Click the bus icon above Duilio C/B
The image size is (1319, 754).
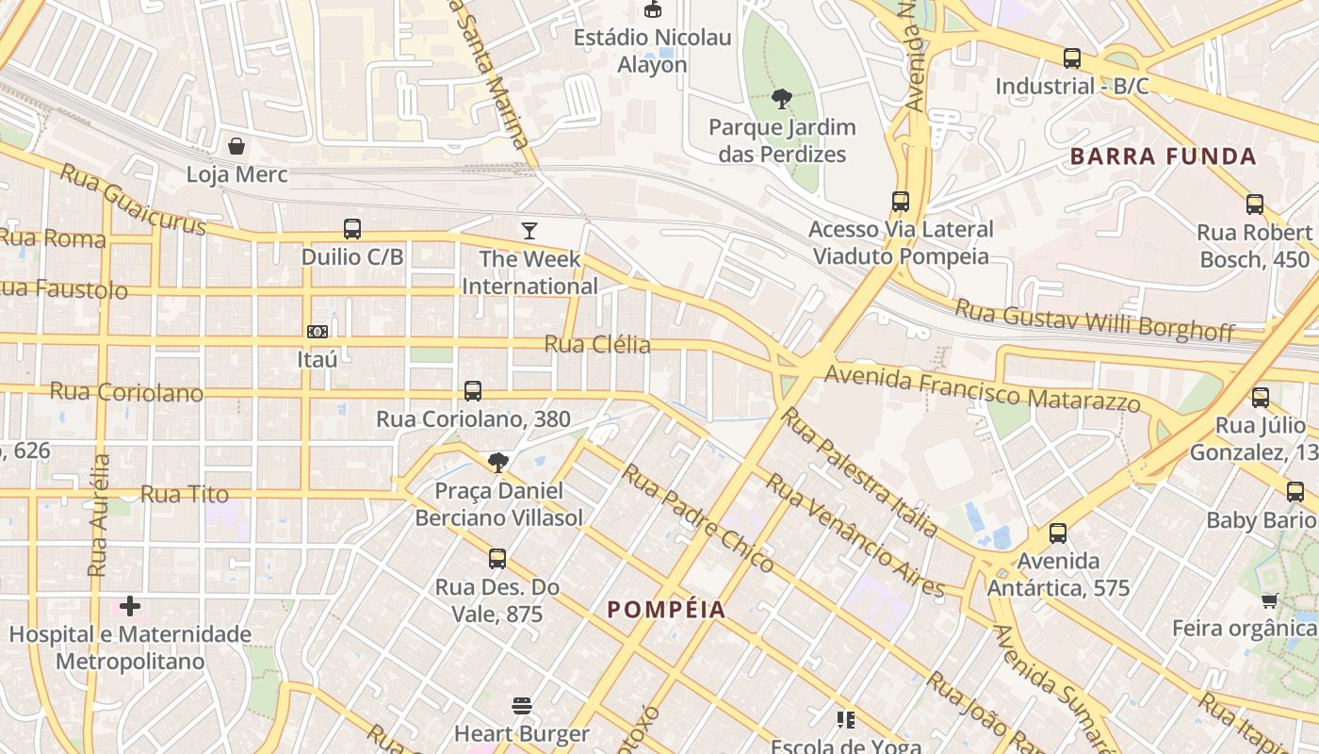tap(351, 229)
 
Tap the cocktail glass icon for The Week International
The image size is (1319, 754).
tap(529, 230)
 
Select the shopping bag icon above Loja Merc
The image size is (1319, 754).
tap(236, 146)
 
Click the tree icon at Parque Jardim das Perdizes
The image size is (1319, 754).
tap(781, 98)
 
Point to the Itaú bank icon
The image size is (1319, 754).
tap(318, 332)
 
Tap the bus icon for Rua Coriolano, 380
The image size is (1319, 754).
tap(473, 390)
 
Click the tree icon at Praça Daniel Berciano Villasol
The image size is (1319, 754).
tap(498, 462)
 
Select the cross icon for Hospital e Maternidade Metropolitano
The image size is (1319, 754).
tap(130, 605)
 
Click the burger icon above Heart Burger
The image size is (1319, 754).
tap(522, 706)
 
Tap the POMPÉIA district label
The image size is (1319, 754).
tap(667, 610)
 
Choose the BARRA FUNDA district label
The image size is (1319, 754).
tap(1164, 156)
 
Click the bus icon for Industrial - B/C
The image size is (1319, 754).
tap(1072, 58)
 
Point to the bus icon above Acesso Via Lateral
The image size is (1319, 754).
tap(901, 201)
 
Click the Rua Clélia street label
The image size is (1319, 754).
tap(597, 344)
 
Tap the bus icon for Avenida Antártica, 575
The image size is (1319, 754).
tap(1058, 533)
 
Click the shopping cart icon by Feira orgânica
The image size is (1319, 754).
tap(1270, 600)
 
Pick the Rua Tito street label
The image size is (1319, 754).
tap(185, 494)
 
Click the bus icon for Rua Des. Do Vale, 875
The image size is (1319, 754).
tap(497, 559)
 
